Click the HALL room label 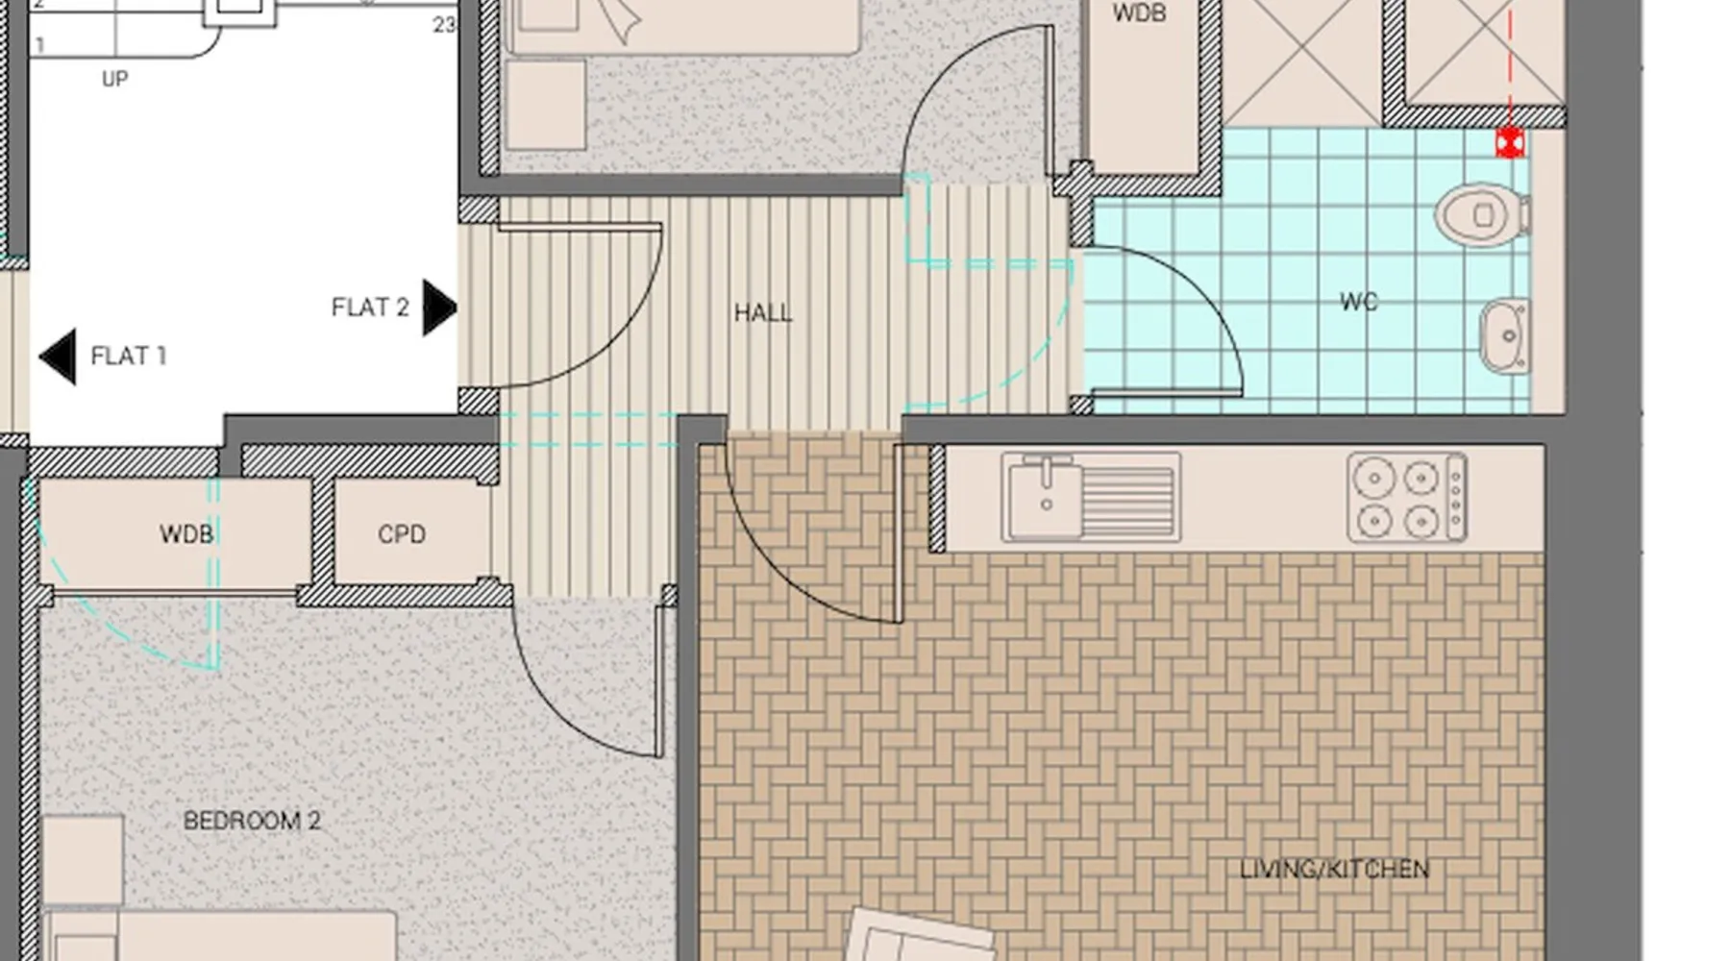(x=763, y=313)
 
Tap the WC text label (x=1359, y=302)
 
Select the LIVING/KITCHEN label (x=1334, y=870)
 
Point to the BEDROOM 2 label (x=252, y=821)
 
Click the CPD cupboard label (x=402, y=534)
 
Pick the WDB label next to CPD (x=186, y=534)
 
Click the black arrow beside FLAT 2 (x=439, y=308)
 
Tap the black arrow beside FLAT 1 (x=58, y=357)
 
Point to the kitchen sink (x=1091, y=498)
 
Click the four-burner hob (x=1407, y=498)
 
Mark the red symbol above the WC (x=1510, y=143)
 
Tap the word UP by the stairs (x=115, y=79)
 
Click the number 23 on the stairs (x=444, y=25)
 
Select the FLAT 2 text (x=370, y=308)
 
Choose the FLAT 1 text (x=129, y=357)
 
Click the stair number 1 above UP (x=40, y=45)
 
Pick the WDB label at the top (x=1139, y=13)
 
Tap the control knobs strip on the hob (x=1456, y=498)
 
